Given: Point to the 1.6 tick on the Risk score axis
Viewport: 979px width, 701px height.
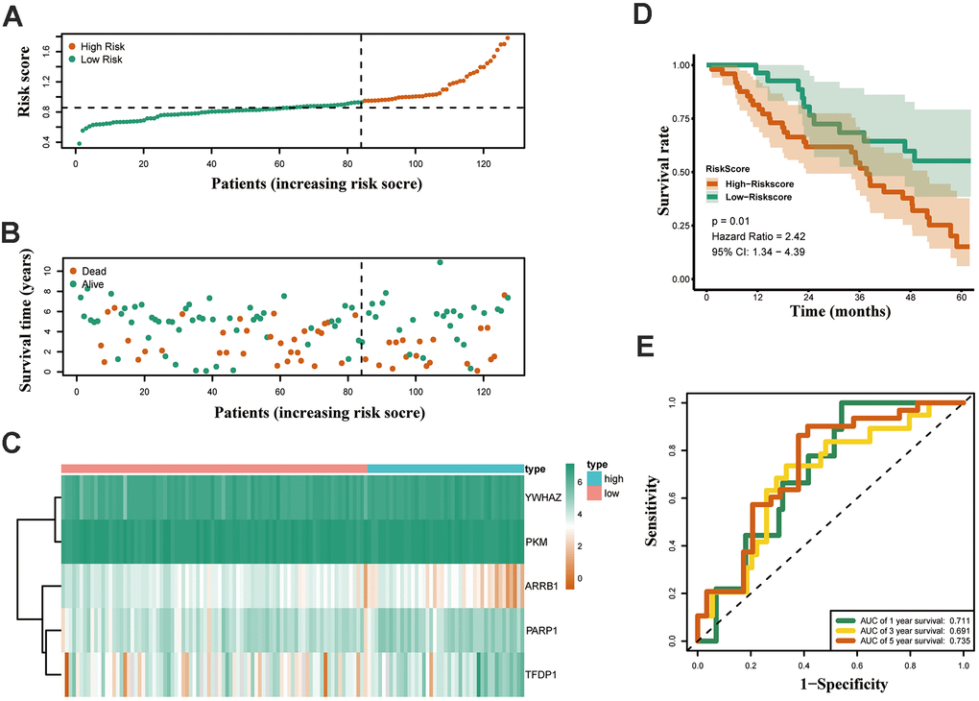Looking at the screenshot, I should tap(46, 58).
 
